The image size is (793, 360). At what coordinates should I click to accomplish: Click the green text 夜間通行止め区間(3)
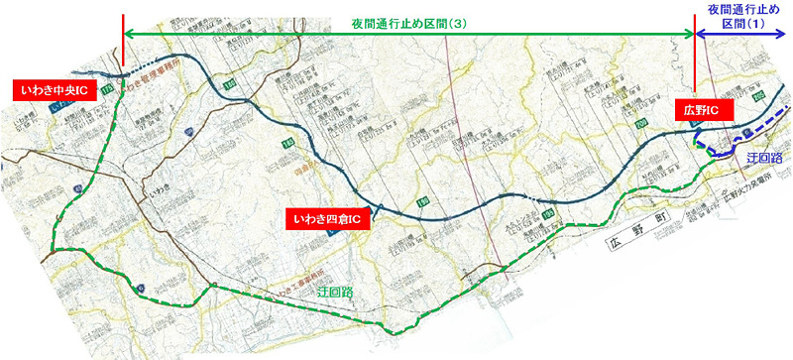(x=408, y=23)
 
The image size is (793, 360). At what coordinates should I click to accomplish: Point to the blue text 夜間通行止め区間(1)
(x=742, y=14)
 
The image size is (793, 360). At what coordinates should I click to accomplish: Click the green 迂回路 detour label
(x=336, y=295)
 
